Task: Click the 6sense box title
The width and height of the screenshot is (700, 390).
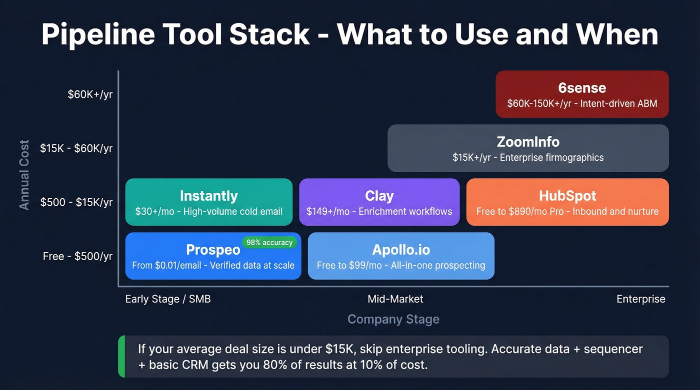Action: tap(582, 88)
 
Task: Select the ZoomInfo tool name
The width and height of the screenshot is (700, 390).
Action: tap(528, 142)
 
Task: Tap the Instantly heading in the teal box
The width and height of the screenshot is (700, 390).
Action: tap(208, 196)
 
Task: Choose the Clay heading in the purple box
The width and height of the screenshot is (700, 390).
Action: tap(379, 196)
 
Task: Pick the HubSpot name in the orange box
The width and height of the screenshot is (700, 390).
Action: tap(567, 196)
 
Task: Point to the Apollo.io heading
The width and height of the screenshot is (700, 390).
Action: tap(401, 250)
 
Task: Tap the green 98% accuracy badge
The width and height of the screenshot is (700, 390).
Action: tap(269, 243)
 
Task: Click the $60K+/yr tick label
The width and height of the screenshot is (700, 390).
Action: tap(90, 94)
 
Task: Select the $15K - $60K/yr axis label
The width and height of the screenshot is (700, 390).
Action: tap(76, 148)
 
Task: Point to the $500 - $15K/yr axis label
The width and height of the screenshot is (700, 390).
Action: tap(76, 202)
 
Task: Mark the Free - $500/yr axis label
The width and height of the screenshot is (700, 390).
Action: tap(77, 256)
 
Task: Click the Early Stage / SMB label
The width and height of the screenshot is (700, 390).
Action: tap(168, 299)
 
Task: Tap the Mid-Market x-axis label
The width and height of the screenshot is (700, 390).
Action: tap(395, 299)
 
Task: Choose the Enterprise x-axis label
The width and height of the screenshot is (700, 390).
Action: tap(640, 299)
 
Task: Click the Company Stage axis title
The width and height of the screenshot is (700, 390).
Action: tap(393, 320)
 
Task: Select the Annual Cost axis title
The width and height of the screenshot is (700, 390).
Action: tap(24, 175)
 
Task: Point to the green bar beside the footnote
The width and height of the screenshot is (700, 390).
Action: tap(121, 357)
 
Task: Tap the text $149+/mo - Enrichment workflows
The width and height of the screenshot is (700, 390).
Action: tap(379, 211)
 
